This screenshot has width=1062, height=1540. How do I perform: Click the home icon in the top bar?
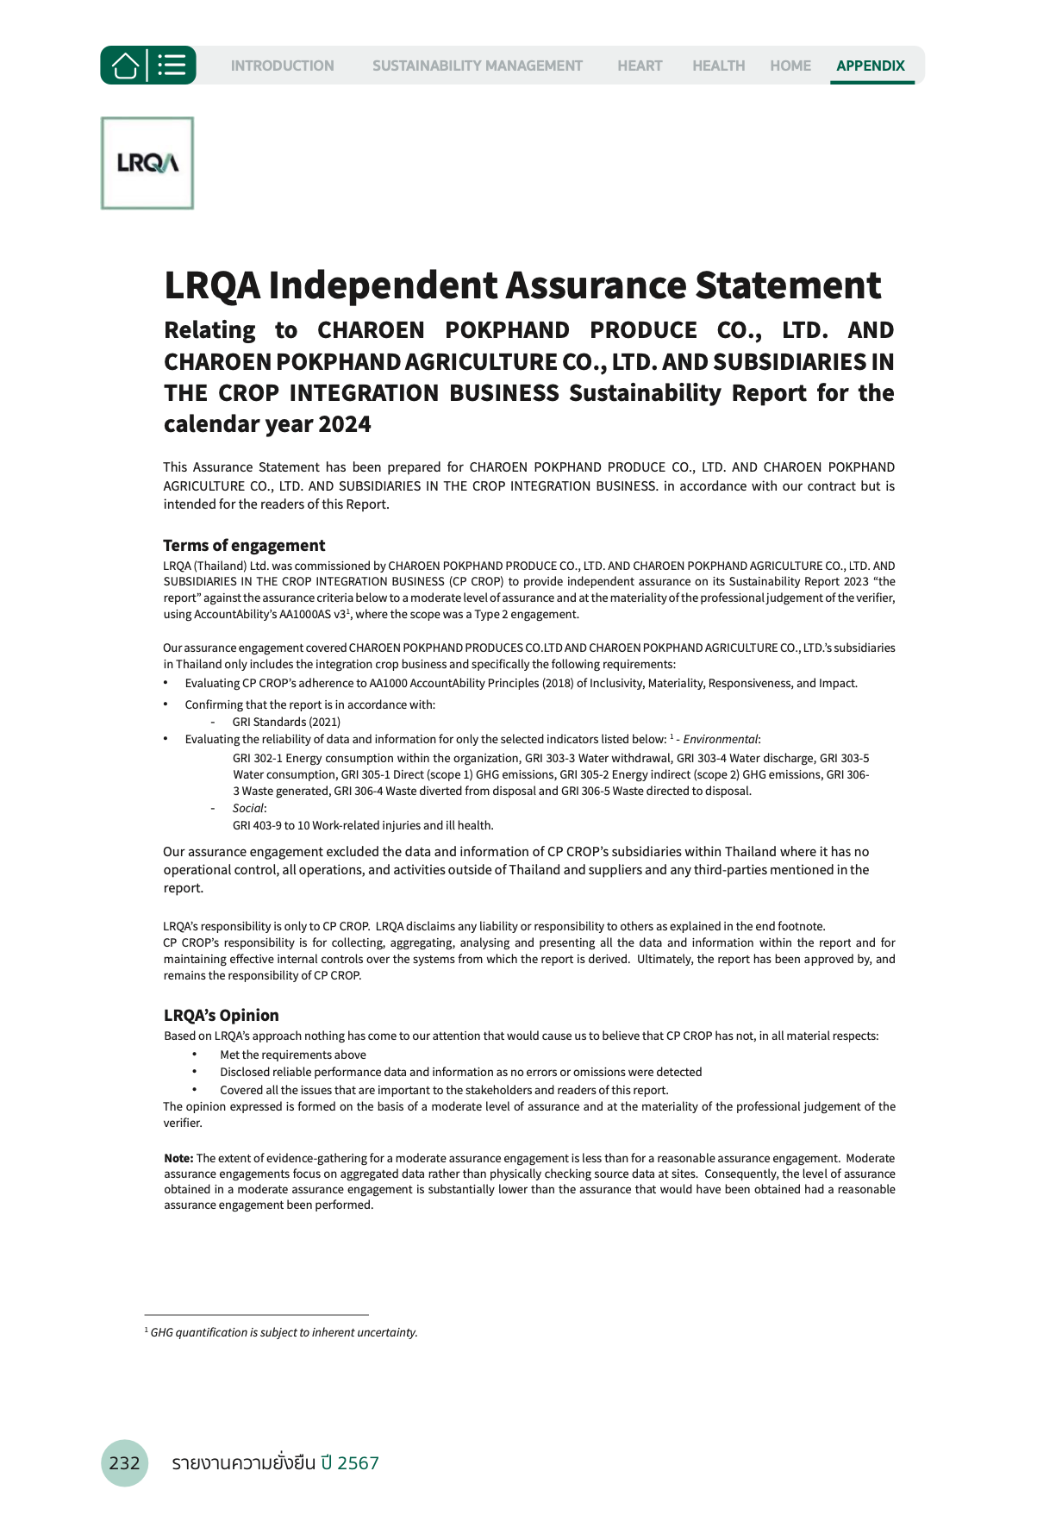click(125, 66)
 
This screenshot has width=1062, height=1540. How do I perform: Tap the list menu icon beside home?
click(172, 66)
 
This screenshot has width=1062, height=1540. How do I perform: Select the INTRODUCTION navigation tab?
click(282, 66)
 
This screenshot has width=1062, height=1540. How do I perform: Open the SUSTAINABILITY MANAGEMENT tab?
click(477, 66)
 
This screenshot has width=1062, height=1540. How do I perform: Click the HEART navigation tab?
click(640, 66)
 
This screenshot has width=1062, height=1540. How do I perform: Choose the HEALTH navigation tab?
click(718, 66)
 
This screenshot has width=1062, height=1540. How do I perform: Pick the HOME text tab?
click(790, 66)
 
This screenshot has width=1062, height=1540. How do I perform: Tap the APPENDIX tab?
click(870, 66)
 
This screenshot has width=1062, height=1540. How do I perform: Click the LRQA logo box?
click(147, 163)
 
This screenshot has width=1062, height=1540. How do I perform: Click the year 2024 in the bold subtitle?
click(344, 424)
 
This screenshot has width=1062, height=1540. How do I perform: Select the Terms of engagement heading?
click(244, 545)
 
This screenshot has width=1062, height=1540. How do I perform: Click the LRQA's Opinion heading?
click(221, 1015)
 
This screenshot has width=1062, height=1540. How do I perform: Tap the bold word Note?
click(178, 1158)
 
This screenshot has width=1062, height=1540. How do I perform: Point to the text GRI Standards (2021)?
click(286, 722)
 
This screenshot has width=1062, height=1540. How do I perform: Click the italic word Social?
click(248, 808)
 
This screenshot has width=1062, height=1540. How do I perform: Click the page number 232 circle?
click(124, 1462)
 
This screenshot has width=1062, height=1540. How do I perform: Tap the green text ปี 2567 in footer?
click(349, 1462)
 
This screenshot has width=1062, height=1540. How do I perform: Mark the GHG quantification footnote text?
click(284, 1332)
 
